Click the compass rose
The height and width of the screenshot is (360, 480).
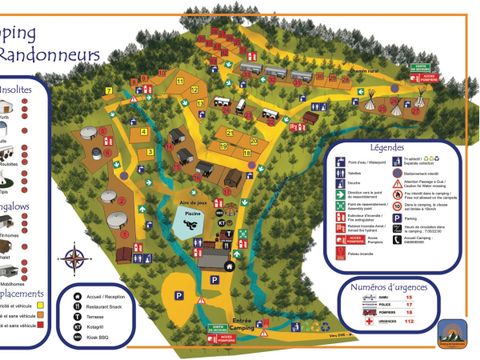[74, 259]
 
